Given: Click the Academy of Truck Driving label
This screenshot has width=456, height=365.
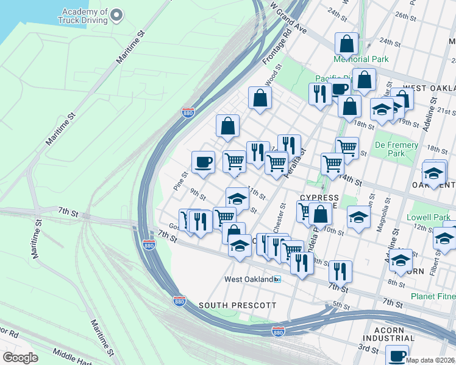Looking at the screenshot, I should pos(84,16).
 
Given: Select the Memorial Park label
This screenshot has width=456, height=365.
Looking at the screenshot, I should pos(360,59).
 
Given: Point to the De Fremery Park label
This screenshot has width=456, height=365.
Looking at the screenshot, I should pos(396,149).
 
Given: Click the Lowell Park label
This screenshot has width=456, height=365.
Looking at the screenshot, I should pos(430,217).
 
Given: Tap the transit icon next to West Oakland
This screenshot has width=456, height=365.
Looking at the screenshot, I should pos(277,279).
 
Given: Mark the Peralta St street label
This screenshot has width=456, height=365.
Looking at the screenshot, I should pos(301,159).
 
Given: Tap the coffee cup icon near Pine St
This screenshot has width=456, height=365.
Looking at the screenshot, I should pos(203,162).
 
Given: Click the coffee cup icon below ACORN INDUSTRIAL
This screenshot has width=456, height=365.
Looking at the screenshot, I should pos(397,355).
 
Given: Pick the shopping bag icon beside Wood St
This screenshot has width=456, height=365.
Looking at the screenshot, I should pos(260,97).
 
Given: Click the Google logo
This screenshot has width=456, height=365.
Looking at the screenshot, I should pos(20,357).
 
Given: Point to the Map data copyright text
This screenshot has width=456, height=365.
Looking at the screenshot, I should pos(430,360).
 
